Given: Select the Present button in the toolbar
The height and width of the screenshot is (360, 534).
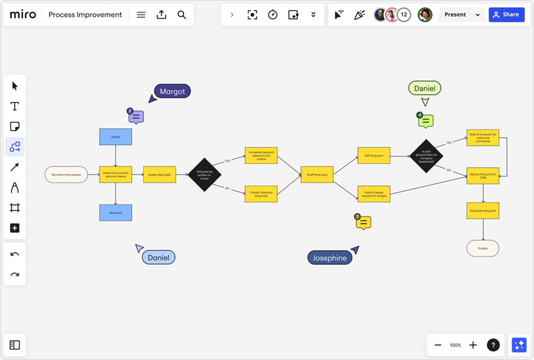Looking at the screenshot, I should click(x=455, y=15).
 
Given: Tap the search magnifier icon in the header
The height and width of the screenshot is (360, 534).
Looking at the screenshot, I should click(x=181, y=15).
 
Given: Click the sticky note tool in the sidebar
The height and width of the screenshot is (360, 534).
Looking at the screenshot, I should click(x=15, y=127).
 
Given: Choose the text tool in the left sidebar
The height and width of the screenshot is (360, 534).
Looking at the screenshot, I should click(x=15, y=106).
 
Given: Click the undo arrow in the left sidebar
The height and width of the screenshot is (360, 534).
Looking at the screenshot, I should click(x=15, y=254).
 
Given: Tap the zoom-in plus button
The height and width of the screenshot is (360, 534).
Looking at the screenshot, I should click(x=473, y=345).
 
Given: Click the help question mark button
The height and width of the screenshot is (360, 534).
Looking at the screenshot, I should click(x=493, y=345).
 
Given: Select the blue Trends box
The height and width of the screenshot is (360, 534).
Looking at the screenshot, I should click(x=116, y=137).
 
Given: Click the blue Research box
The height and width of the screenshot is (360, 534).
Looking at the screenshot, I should click(x=116, y=213).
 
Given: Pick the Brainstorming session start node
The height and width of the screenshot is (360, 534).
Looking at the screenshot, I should click(x=66, y=175).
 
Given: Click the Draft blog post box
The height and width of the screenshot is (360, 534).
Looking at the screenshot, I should click(x=317, y=174).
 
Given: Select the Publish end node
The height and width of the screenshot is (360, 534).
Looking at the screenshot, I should click(x=483, y=248).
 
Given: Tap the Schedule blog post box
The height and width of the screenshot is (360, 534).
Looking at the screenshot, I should click(x=483, y=210).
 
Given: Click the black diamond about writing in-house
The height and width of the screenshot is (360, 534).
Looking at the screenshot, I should click(x=204, y=174).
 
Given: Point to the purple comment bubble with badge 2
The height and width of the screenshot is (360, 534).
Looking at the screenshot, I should click(x=136, y=117).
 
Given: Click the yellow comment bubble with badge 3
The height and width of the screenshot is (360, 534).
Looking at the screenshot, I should click(x=364, y=223).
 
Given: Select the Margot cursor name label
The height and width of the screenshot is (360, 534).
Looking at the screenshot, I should click(x=173, y=91).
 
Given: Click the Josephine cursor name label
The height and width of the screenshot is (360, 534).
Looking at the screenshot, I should click(x=330, y=258).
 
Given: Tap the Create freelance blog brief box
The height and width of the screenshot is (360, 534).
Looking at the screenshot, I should click(x=261, y=194).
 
